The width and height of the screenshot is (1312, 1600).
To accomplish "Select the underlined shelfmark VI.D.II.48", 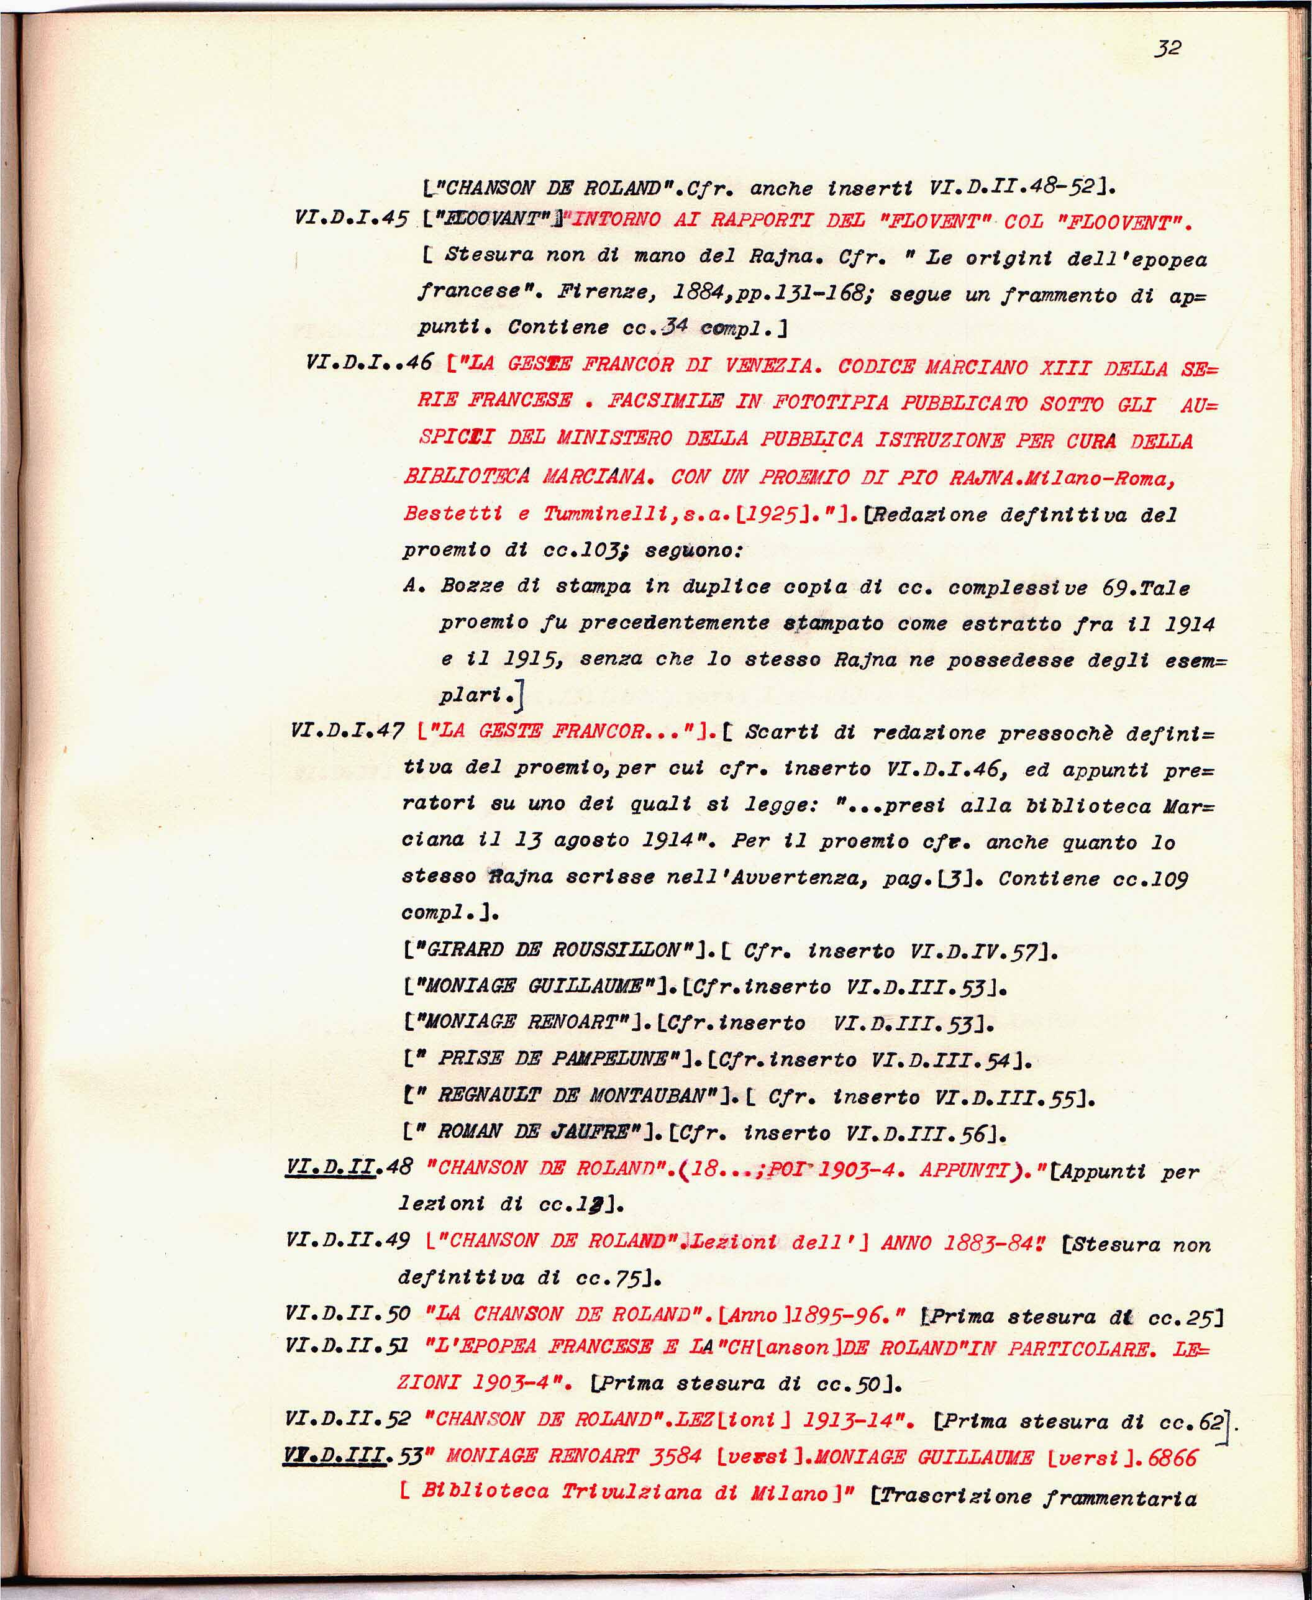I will (x=349, y=1167).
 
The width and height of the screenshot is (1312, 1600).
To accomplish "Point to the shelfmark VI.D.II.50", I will (x=348, y=1313).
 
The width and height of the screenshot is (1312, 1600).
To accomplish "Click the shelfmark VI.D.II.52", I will (x=348, y=1418).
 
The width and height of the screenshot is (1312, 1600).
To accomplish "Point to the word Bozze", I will (x=472, y=586).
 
